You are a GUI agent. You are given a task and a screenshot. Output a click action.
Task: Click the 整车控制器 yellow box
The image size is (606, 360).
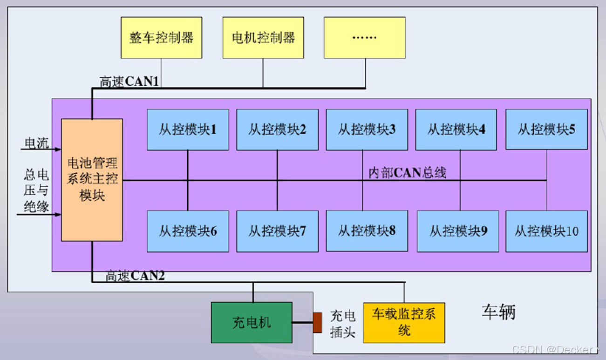pyautogui.click(x=161, y=38)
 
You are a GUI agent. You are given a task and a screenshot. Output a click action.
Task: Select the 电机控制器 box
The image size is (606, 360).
pyautogui.click(x=263, y=38)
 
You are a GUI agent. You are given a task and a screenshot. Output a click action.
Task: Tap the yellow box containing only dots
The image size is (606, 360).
pyautogui.click(x=364, y=38)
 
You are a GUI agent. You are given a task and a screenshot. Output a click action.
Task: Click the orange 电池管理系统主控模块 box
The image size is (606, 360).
pyautogui.click(x=92, y=180)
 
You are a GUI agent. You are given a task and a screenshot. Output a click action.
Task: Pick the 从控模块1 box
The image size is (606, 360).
pyautogui.click(x=188, y=129)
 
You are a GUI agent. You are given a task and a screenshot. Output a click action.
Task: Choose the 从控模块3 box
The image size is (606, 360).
pyautogui.click(x=367, y=129)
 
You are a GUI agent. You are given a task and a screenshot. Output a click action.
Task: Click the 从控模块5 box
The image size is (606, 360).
pyautogui.click(x=546, y=129)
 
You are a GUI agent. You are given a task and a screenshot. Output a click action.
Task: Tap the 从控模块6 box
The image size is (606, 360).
pyautogui.click(x=188, y=231)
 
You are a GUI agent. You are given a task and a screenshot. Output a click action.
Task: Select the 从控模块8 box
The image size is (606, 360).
pyautogui.click(x=367, y=231)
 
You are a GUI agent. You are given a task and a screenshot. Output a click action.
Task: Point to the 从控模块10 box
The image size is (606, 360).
pyautogui.click(x=546, y=231)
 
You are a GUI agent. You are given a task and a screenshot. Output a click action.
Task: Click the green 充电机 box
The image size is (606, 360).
pyautogui.click(x=252, y=322)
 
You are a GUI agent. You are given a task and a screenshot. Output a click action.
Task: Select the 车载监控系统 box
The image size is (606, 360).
pyautogui.click(x=404, y=322)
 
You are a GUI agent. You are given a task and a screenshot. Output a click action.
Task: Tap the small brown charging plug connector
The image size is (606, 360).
pyautogui.click(x=317, y=322)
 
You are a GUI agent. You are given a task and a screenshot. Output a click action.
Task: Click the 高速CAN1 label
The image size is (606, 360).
pyautogui.click(x=129, y=82)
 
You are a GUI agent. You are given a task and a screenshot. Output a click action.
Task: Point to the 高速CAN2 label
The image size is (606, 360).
pyautogui.click(x=135, y=276)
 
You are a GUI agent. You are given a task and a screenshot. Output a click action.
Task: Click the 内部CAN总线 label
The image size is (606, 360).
pyautogui.click(x=407, y=173)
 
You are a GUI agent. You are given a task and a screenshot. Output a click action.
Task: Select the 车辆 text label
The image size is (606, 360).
pyautogui.click(x=498, y=312)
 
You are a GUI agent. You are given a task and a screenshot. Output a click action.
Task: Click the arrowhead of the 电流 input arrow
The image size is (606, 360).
pyautogui.click(x=58, y=149)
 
